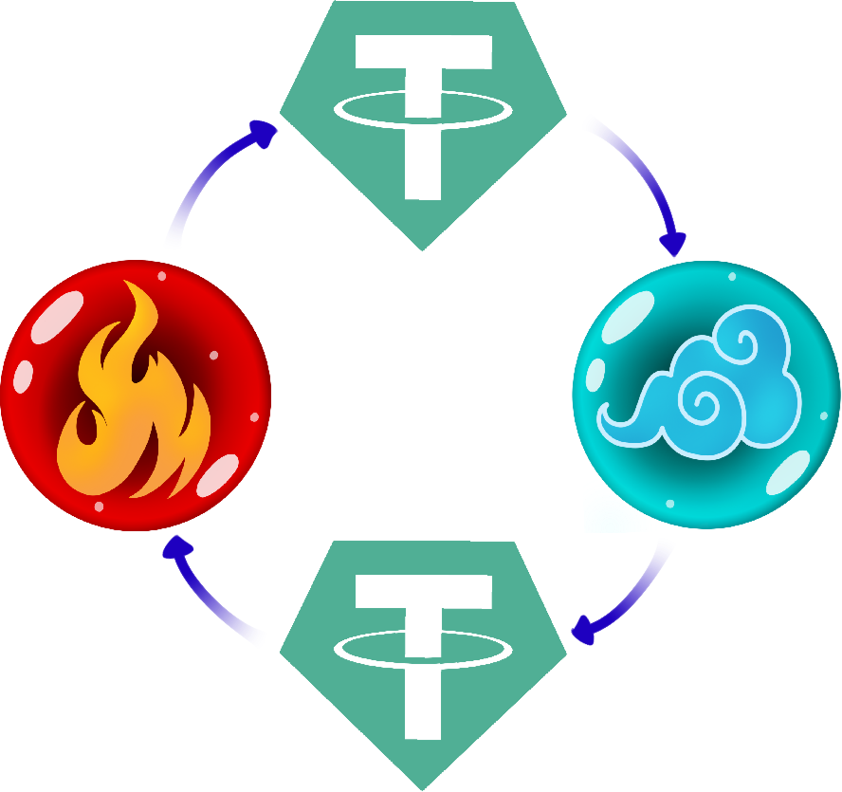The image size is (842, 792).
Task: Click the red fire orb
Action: [137, 396]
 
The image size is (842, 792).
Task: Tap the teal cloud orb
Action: [705, 394]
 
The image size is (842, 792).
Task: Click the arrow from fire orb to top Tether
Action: [204, 185]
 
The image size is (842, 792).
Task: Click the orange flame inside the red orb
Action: [133, 408]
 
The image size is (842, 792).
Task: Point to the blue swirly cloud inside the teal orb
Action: [702, 389]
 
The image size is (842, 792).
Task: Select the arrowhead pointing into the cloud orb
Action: [674, 244]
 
